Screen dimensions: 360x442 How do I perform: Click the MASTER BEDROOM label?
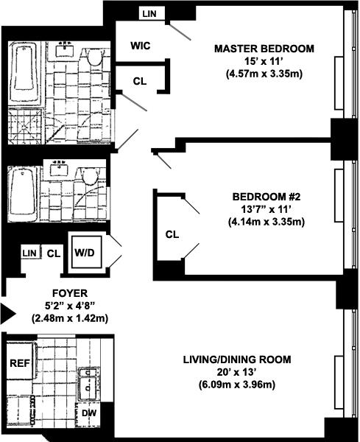coord(264,49)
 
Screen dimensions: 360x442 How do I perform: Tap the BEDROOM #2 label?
coord(267,197)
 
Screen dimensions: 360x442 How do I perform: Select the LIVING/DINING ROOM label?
coord(237,359)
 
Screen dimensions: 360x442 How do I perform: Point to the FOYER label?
coord(70,293)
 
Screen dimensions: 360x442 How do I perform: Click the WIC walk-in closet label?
coord(141,46)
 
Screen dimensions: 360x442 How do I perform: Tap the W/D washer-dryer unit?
coord(86,252)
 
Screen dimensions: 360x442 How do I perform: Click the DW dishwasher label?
coord(89,413)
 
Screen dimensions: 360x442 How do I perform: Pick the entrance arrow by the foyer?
coord(7,313)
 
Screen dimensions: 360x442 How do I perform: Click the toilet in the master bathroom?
coord(94,57)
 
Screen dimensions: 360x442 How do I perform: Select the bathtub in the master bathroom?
coord(25,73)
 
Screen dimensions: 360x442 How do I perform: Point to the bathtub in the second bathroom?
coord(23,194)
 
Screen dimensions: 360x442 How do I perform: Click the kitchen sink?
coord(88,384)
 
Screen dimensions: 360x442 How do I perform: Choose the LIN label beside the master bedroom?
coord(149,13)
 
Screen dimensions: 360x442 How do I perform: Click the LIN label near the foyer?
coord(29,253)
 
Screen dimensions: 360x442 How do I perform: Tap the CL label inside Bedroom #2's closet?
coord(172,234)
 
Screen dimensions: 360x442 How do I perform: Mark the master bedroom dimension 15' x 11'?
coord(264,61)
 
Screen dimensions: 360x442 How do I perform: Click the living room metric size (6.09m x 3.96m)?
coord(236,385)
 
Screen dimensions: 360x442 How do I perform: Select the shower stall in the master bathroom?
coord(25,126)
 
